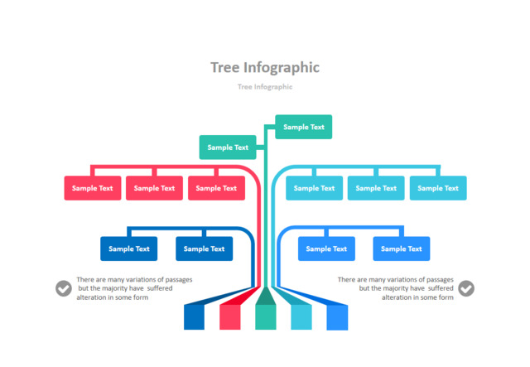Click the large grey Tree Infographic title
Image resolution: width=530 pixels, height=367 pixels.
(264, 67)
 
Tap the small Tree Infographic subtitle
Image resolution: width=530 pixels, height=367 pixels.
(264, 86)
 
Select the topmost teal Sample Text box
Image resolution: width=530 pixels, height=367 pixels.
(303, 127)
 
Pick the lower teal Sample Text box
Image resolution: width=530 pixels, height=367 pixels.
(228, 147)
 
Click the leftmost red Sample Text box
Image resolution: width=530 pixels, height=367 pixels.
(93, 188)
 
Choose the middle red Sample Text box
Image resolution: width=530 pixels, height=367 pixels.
(154, 188)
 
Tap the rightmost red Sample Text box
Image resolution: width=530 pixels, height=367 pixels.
(216, 188)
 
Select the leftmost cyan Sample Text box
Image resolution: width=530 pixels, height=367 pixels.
(314, 188)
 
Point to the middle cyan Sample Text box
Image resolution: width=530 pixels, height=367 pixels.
(376, 188)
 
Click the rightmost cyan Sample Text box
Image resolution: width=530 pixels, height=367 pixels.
(438, 188)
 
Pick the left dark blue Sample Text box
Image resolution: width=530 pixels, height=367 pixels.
(128, 249)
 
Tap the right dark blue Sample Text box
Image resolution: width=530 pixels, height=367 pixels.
(204, 249)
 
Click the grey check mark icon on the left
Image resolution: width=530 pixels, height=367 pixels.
(64, 288)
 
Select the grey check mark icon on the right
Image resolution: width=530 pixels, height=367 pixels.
(466, 288)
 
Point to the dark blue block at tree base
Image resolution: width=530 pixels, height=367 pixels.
(194, 316)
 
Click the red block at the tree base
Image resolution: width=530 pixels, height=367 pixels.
(229, 316)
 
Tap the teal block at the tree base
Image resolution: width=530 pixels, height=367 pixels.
(265, 316)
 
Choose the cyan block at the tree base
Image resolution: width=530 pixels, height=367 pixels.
(301, 316)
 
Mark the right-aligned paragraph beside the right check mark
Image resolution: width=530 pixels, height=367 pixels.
(396, 288)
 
